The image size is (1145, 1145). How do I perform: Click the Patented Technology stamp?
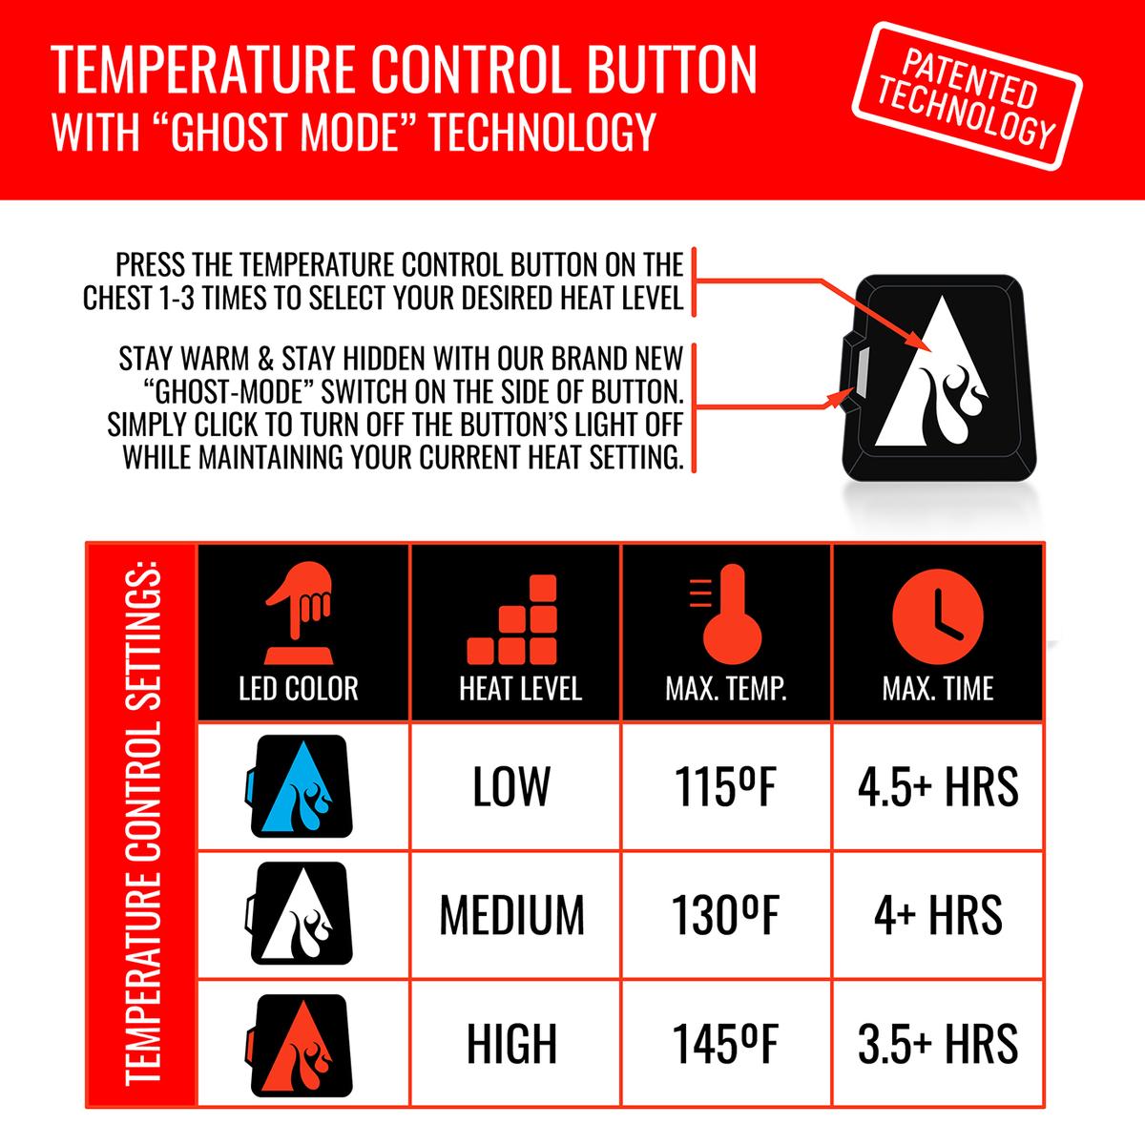pos(967,96)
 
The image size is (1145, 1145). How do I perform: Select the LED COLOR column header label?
pos(299,688)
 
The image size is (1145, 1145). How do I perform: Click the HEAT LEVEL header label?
pos(521,688)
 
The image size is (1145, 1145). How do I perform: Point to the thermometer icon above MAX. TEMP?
pos(726,614)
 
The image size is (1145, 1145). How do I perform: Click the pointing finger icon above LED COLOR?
pos(299,613)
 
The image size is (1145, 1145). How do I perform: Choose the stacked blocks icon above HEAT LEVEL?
pos(511,619)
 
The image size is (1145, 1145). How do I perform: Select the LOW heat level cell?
pos(511,786)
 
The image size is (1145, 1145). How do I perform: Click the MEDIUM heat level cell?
pos(512,916)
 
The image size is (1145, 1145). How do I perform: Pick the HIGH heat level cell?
pos(511,1044)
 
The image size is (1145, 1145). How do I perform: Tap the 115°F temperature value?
pos(725,786)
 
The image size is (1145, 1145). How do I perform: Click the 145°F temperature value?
pos(725,1044)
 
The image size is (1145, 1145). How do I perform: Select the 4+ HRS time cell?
pos(938,916)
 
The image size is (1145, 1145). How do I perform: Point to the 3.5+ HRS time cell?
pos(938,1044)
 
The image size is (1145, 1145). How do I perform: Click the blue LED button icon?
pos(300,786)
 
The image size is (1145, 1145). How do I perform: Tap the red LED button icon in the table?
pos(300,1045)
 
